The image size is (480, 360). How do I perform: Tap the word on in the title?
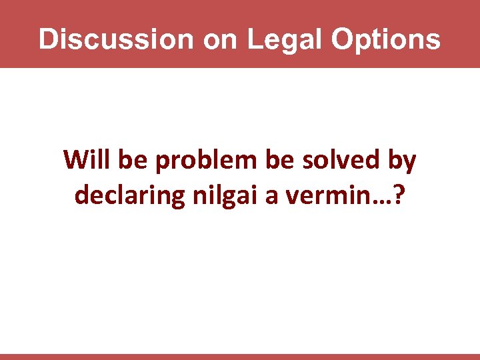220,39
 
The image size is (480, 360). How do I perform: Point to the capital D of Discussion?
47,39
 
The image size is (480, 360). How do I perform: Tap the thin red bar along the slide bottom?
240,357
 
